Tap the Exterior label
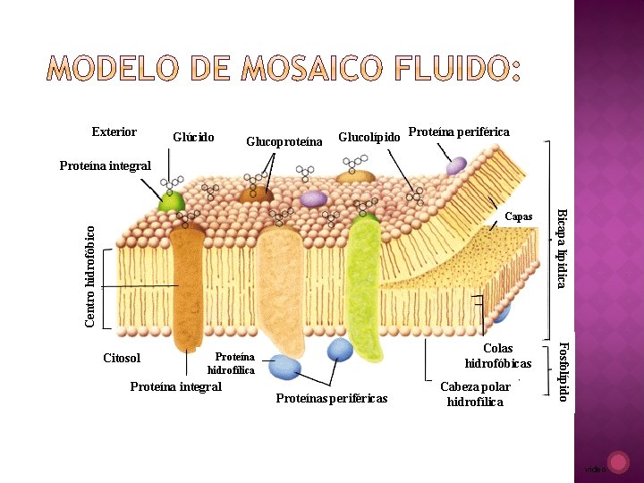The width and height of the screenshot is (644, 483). pyautogui.click(x=114, y=132)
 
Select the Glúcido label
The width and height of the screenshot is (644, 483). pyautogui.click(x=193, y=138)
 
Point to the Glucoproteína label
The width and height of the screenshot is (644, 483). pyautogui.click(x=284, y=141)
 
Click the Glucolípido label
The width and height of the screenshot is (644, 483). pyautogui.click(x=369, y=137)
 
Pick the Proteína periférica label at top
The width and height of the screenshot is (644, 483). pyautogui.click(x=459, y=132)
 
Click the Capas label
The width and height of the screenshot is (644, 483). pyautogui.click(x=518, y=217)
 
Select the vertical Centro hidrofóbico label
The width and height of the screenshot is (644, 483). pyautogui.click(x=89, y=275)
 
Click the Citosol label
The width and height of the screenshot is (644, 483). pyautogui.click(x=122, y=359)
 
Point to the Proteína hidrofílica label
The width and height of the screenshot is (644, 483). pyautogui.click(x=232, y=363)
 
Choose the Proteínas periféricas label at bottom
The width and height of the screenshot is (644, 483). pyautogui.click(x=332, y=398)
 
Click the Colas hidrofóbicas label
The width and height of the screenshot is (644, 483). pyautogui.click(x=498, y=356)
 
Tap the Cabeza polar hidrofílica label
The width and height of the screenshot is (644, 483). pyautogui.click(x=475, y=394)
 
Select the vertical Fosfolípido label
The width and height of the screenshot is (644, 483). pyautogui.click(x=563, y=370)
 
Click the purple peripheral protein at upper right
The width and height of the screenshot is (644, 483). pyautogui.click(x=457, y=165)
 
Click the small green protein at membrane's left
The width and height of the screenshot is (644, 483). pyautogui.click(x=171, y=200)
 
